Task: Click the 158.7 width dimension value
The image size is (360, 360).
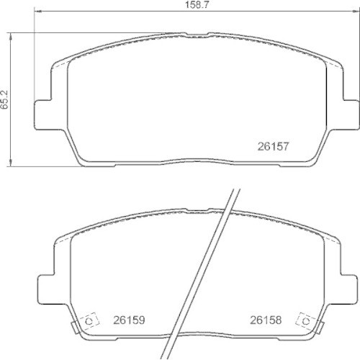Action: (x=197, y=5)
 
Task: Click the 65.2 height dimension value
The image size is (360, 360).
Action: (x=4, y=99)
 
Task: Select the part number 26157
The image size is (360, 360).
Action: (x=273, y=146)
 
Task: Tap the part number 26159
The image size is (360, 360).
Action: (x=129, y=320)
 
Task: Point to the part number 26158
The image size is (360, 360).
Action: (x=266, y=320)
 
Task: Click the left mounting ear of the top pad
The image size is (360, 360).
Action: (x=43, y=114)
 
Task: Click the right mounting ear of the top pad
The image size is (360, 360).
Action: (x=351, y=114)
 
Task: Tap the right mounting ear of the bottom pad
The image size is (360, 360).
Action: (x=348, y=289)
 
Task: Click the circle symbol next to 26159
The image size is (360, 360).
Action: (x=89, y=321)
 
